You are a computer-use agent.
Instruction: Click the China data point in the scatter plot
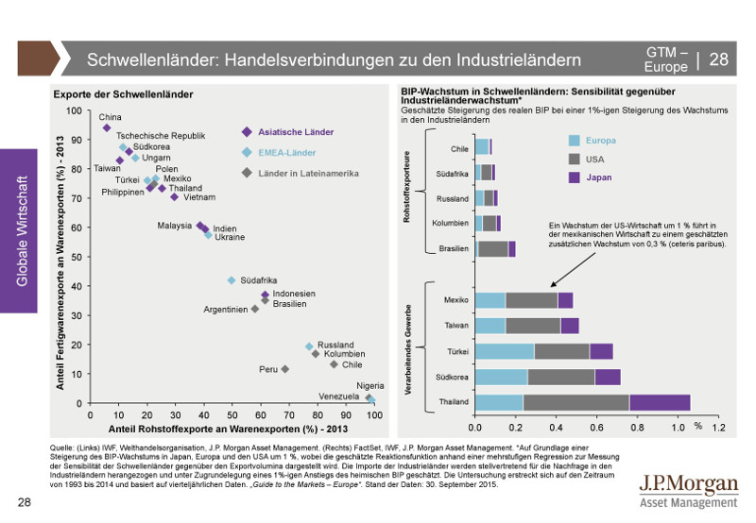107,127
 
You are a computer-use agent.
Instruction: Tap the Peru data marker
284,369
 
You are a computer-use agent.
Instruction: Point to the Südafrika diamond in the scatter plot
231,280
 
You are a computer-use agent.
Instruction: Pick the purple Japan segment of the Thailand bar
660,402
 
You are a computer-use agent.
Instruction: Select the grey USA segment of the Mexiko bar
531,300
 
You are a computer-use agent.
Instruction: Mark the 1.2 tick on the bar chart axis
718,427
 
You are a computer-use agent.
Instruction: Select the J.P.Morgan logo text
688,484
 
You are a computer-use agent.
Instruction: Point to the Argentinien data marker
254,309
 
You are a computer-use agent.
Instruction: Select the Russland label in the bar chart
453,199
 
